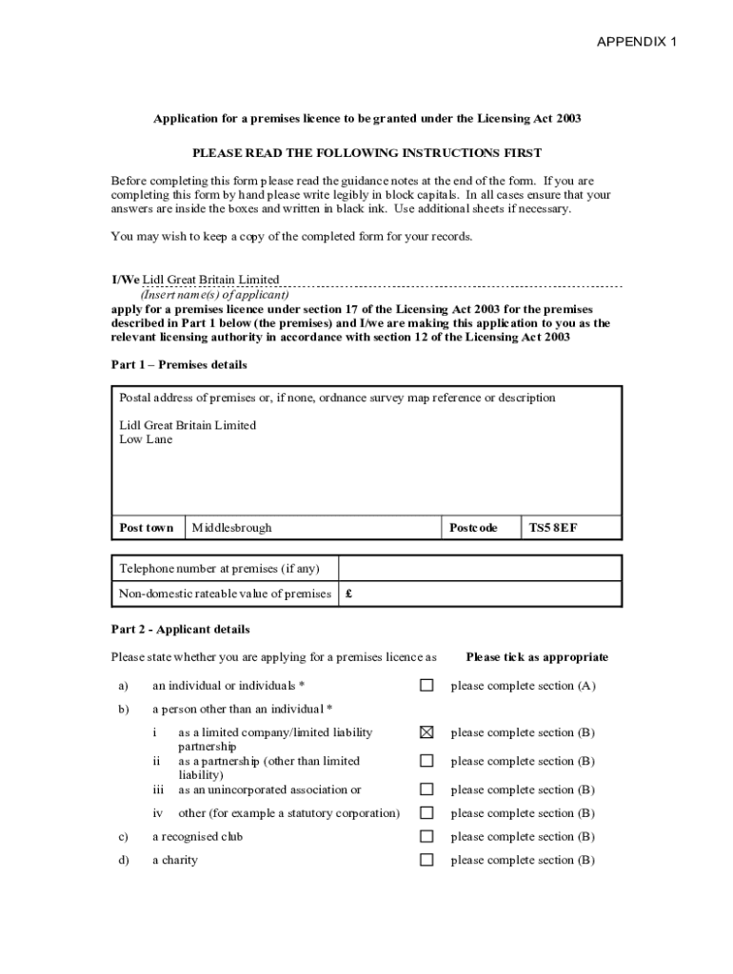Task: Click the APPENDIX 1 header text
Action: click(637, 42)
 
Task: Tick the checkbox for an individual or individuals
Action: click(426, 685)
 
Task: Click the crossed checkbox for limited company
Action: click(426, 732)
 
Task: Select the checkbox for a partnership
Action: click(426, 761)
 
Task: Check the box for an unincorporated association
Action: click(426, 789)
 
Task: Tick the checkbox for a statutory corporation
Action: click(426, 813)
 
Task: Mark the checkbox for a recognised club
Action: click(426, 837)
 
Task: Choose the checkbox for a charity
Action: click(426, 861)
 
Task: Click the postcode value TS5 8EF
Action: click(553, 528)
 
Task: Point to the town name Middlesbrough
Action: click(231, 528)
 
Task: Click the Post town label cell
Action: click(147, 528)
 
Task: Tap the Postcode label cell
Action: click(473, 528)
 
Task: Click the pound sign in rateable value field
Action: click(349, 594)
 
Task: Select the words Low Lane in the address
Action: click(146, 439)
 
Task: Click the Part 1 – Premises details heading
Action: click(179, 365)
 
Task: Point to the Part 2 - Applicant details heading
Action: click(180, 630)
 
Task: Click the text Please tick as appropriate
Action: click(537, 657)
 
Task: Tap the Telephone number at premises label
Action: click(219, 569)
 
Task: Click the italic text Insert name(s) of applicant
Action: click(215, 295)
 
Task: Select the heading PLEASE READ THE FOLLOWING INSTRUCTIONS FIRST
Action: click(366, 153)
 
